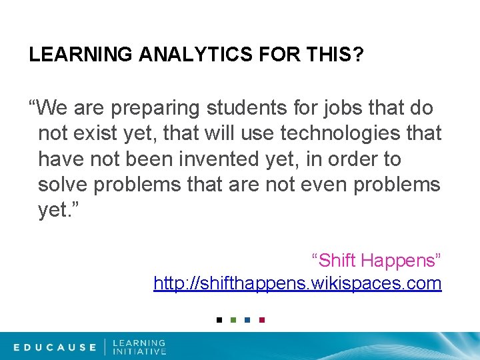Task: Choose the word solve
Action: coord(63,185)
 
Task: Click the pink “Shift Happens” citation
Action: coord(376,259)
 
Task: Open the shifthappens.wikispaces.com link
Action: coord(297,283)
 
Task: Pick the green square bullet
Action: coord(233,320)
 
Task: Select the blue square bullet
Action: coord(247,320)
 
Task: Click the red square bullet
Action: coord(261,320)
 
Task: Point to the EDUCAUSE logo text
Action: coord(55,347)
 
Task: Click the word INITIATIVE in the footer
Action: coord(139,351)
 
